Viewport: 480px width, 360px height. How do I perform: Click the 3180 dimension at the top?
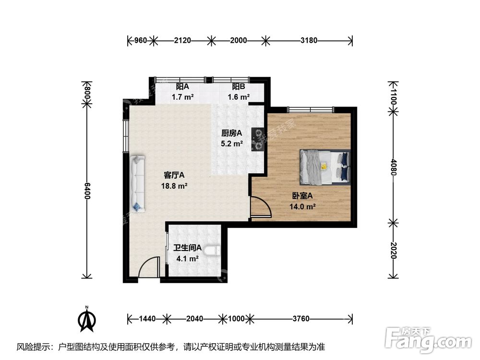point(309,41)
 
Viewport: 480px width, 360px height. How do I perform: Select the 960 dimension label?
point(139,41)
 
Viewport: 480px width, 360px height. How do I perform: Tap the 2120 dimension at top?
point(182,41)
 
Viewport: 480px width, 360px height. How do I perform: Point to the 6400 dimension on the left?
point(87,192)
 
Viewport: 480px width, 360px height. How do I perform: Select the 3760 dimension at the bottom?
point(301,318)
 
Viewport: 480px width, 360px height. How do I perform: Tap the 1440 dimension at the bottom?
point(146,318)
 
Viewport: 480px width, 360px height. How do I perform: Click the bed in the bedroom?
point(325,167)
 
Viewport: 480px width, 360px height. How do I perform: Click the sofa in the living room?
point(137,183)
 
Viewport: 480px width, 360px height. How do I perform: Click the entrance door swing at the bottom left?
point(149,268)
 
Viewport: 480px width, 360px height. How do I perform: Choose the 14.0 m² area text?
point(302,207)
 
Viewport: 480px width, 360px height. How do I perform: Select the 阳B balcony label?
point(239,86)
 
